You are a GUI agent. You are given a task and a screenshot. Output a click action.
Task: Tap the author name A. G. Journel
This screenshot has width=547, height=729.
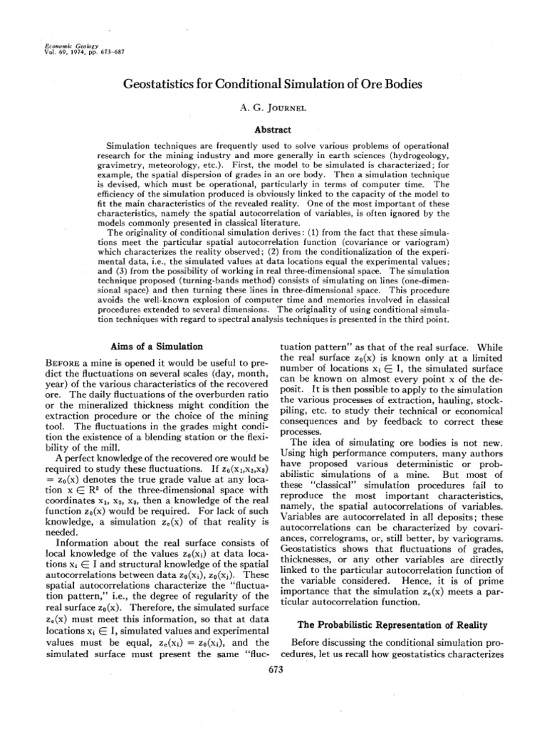[273, 109]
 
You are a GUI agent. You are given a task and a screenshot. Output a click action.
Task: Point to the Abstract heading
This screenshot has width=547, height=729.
[273, 130]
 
